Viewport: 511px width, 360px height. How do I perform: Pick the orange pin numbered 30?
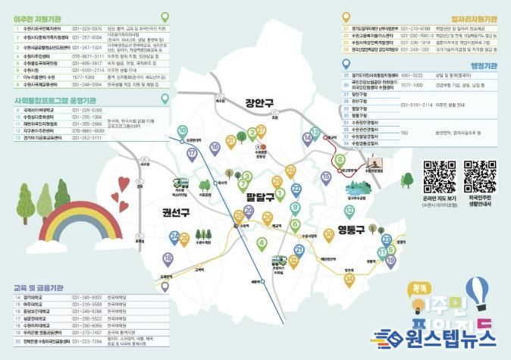click(330, 234)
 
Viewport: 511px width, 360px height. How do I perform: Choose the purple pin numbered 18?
click(168, 259)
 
